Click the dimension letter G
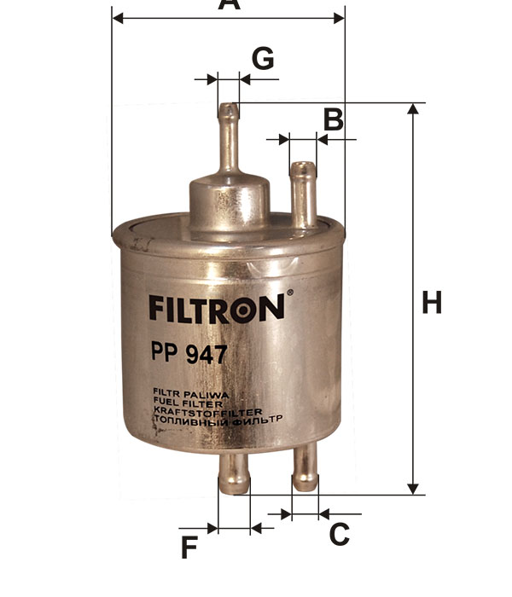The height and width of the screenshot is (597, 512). pos(263,58)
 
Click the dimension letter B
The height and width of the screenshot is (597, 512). pos(334,119)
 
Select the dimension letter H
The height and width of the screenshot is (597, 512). pos(432,302)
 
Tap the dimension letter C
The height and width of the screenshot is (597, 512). pos(339,534)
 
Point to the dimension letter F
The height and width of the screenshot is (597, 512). pos(189,547)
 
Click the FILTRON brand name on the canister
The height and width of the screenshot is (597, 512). pos(217,309)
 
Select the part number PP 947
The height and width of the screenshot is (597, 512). pos(189,353)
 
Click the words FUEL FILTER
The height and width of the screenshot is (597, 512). pos(188,403)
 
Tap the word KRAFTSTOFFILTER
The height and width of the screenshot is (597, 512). pos(207,412)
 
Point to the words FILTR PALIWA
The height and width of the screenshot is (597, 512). pos(190,394)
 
